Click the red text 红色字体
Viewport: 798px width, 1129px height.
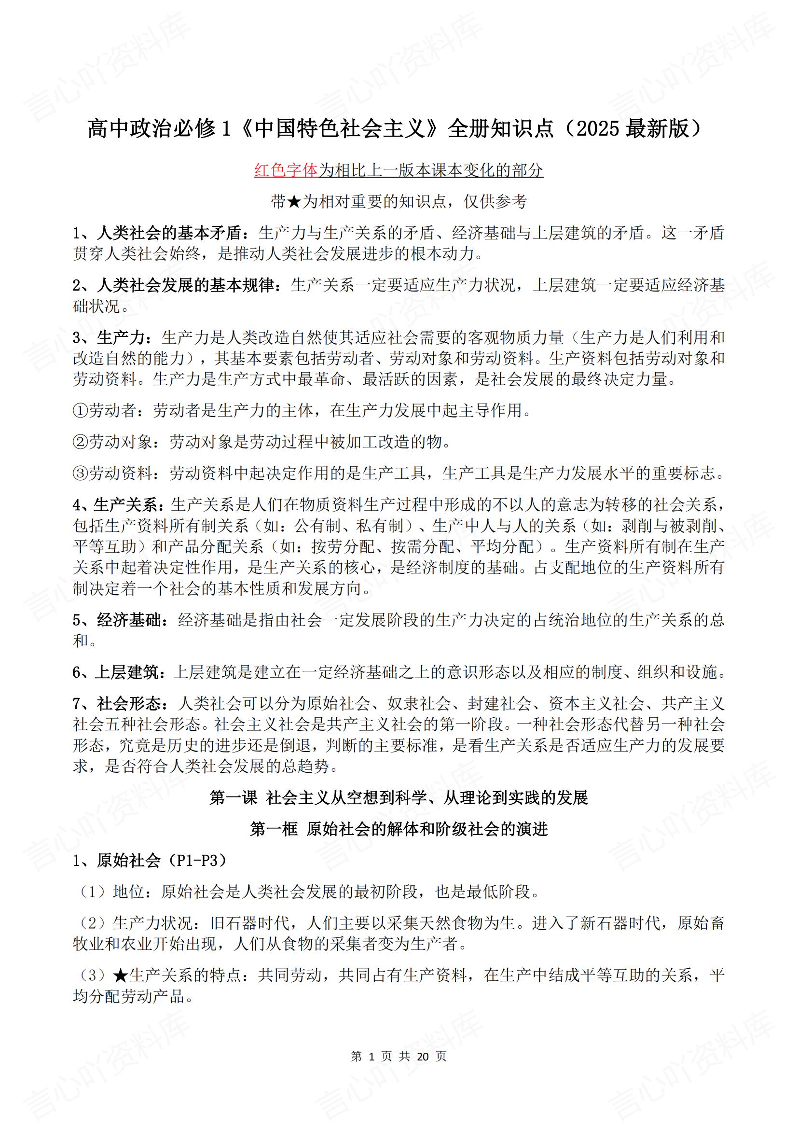coord(286,170)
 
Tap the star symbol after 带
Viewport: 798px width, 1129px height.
coord(293,202)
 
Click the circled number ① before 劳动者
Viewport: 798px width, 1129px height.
coord(80,410)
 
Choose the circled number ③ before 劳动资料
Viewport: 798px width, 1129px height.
coord(80,473)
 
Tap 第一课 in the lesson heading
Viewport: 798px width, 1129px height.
coord(234,797)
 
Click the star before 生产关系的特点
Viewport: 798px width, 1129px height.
coord(121,975)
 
